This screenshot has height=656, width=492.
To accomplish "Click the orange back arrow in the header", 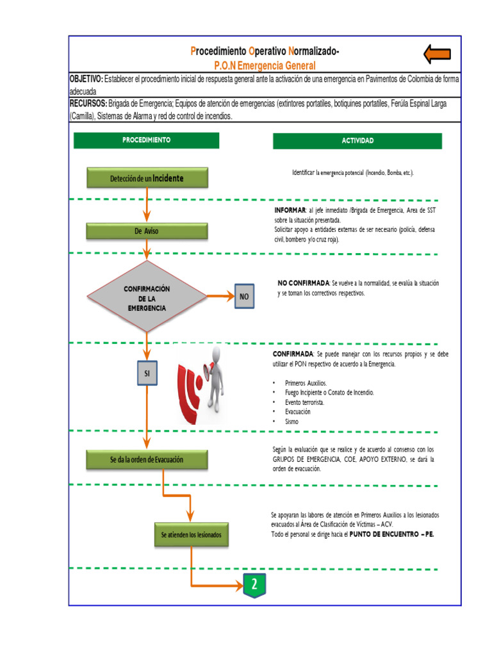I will (438, 55).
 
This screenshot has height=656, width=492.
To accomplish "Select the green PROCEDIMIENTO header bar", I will (146, 140).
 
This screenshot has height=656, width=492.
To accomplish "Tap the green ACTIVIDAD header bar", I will (357, 141).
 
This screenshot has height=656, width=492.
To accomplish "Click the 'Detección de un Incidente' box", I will (147, 178).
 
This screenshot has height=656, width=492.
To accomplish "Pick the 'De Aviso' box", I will (147, 231).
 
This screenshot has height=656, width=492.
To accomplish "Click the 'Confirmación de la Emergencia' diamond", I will (147, 297).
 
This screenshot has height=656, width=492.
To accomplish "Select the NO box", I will (244, 297).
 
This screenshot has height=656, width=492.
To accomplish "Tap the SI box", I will (147, 373).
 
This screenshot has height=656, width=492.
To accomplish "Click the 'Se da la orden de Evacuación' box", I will (147, 459).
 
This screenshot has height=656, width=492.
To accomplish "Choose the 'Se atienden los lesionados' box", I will (191, 534).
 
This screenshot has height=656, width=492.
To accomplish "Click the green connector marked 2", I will (254, 585).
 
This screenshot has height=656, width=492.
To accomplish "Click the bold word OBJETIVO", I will (86, 78).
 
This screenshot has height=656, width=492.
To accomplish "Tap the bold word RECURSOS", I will (88, 103).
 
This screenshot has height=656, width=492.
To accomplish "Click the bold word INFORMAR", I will (290, 210).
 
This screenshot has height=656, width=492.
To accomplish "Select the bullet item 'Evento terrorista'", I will (304, 402).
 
